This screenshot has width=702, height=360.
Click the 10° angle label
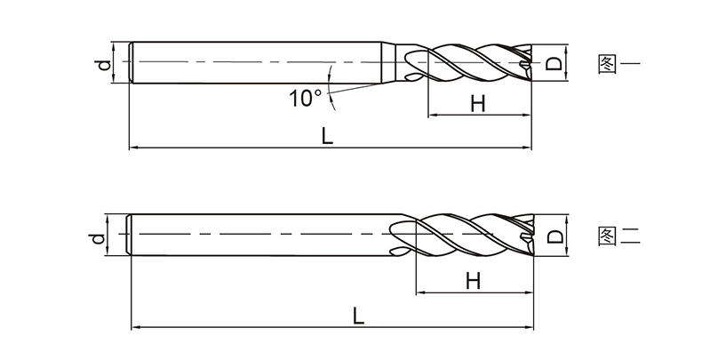(x=306, y=98)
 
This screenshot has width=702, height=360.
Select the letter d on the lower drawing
(x=99, y=238)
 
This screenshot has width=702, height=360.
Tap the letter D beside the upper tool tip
(x=554, y=64)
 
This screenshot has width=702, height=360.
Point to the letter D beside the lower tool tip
(x=555, y=236)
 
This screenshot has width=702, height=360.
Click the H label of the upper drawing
(x=478, y=104)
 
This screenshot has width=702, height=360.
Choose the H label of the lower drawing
(x=474, y=282)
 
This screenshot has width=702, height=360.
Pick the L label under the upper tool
(x=327, y=135)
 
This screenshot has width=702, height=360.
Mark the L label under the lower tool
(x=358, y=316)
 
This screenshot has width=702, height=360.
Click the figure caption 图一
(x=619, y=64)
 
